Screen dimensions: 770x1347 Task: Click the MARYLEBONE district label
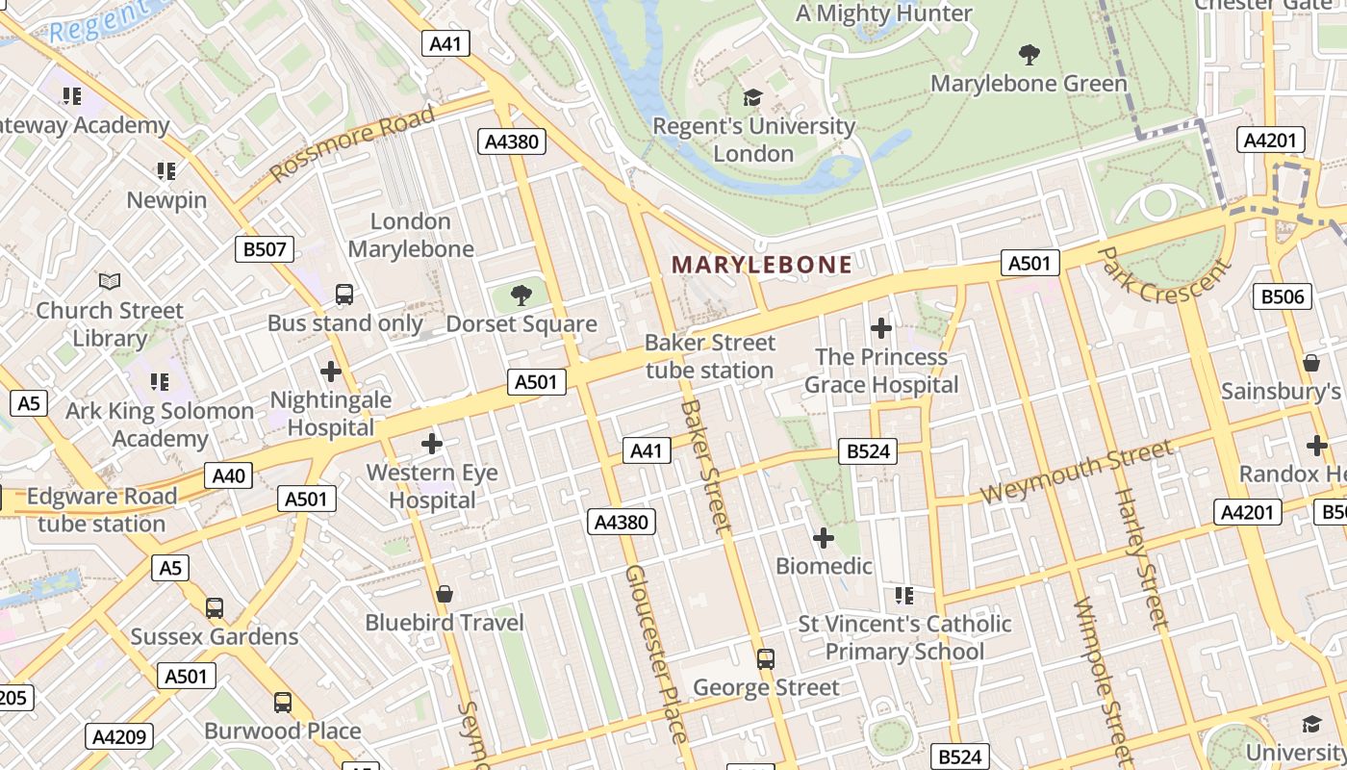coord(761,265)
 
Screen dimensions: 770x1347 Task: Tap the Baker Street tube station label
coord(709,356)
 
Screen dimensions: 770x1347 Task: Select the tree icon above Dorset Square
coord(521,295)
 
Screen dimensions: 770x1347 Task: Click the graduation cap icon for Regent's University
coord(752,97)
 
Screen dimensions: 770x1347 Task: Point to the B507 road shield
coord(265,249)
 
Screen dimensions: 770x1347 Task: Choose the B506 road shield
coord(1283,295)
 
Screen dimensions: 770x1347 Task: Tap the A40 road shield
coord(229,475)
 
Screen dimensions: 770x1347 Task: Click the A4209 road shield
coord(119,737)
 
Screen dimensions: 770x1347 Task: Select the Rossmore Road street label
coord(352,144)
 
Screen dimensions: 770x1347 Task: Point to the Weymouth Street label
coord(1077,471)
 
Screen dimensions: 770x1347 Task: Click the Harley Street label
coord(1138,558)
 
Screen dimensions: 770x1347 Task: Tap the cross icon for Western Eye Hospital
coord(432,444)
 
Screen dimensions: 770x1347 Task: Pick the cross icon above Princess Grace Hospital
coord(880,328)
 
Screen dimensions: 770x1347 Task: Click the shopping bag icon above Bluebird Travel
coord(444,594)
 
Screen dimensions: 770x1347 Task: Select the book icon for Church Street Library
coord(110,281)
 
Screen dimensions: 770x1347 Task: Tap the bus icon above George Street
coord(766,658)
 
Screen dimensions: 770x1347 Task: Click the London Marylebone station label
coord(411,235)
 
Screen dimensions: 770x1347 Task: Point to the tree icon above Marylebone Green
coord(1029,55)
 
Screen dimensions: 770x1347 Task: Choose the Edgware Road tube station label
coord(102,510)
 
